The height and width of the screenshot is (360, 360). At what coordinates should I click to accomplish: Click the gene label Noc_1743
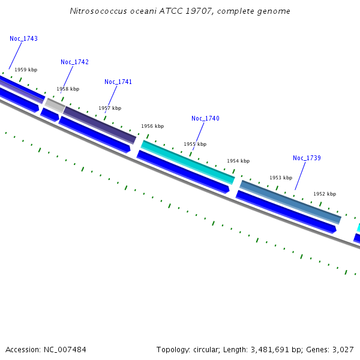click(x=23, y=38)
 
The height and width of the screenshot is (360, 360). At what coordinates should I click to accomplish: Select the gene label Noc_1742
click(x=74, y=62)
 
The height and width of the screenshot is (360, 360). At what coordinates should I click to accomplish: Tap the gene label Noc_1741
click(x=118, y=82)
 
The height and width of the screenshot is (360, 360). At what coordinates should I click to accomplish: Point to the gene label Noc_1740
click(x=205, y=119)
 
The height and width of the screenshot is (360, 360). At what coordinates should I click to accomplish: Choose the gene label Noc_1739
click(x=307, y=158)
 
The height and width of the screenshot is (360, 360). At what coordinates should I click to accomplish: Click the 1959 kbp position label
click(x=26, y=70)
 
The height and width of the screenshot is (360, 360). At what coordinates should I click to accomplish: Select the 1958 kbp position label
click(x=68, y=89)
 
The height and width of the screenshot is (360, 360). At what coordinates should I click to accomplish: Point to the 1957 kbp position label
click(x=110, y=109)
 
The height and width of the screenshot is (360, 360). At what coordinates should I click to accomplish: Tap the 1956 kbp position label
click(x=152, y=127)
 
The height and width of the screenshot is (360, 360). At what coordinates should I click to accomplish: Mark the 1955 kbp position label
click(x=195, y=145)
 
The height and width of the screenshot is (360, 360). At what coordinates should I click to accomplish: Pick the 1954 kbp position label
click(x=238, y=161)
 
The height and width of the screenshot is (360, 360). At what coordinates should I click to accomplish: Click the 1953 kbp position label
click(x=281, y=178)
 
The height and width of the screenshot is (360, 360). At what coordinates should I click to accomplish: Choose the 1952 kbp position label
click(x=325, y=194)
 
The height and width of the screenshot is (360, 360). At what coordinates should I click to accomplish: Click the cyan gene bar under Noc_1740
click(x=188, y=162)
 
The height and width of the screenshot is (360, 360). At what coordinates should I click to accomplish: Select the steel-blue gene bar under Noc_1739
click(x=290, y=202)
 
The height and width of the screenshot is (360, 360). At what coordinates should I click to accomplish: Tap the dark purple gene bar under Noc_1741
click(x=100, y=124)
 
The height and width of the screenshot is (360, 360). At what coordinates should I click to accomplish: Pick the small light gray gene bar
click(x=55, y=106)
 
